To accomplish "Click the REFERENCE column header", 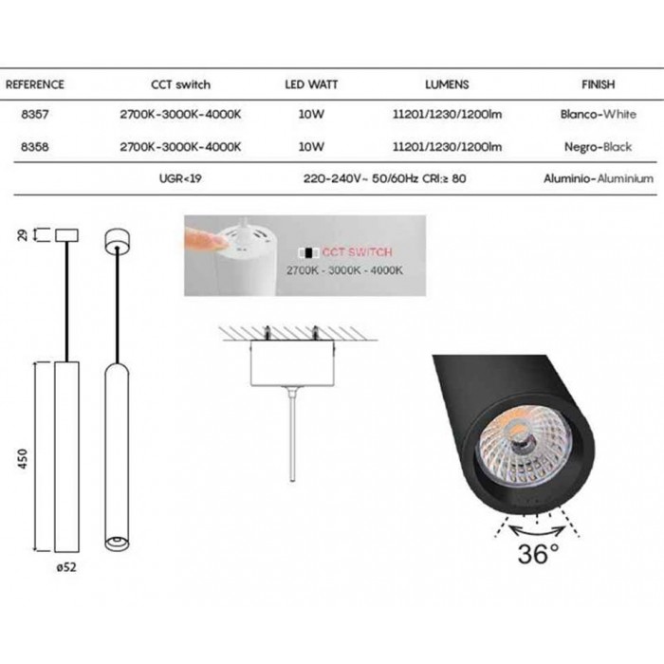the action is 35,84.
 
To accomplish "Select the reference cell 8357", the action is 35,114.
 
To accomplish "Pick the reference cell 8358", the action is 35,146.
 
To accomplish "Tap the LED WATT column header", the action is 311,84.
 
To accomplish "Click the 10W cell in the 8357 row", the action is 311,114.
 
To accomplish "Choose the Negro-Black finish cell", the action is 598,146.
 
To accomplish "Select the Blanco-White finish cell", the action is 598,114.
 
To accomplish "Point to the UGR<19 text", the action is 180,178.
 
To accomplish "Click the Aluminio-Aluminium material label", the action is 599,178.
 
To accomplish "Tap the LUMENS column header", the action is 447,84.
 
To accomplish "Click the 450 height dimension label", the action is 23,458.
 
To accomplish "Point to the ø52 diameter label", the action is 66,566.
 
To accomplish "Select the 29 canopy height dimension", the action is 23,234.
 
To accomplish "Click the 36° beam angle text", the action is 538,553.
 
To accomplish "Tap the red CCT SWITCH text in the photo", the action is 357,252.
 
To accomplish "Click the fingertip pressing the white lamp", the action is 219,242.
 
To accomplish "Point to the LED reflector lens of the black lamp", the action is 526,447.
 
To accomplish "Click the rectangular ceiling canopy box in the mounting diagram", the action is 292,363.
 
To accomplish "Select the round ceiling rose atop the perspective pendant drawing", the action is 117,241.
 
